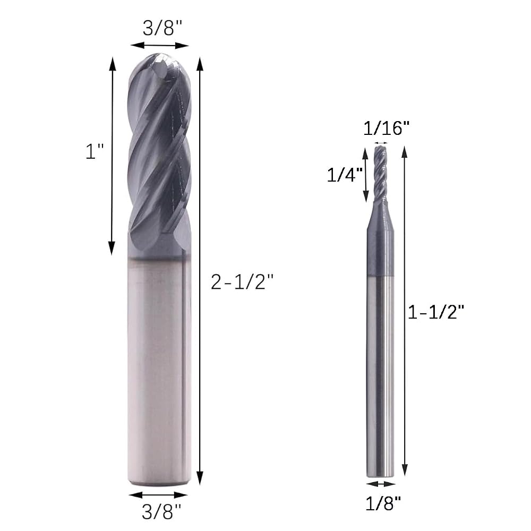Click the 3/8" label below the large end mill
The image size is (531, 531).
pos(161,511)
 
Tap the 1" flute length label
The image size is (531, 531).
pos(94,151)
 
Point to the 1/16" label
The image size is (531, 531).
pos(387,129)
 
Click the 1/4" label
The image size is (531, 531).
pos(345,175)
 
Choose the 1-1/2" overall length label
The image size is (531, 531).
pos(435,312)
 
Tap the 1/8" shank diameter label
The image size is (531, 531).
pos(383,503)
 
